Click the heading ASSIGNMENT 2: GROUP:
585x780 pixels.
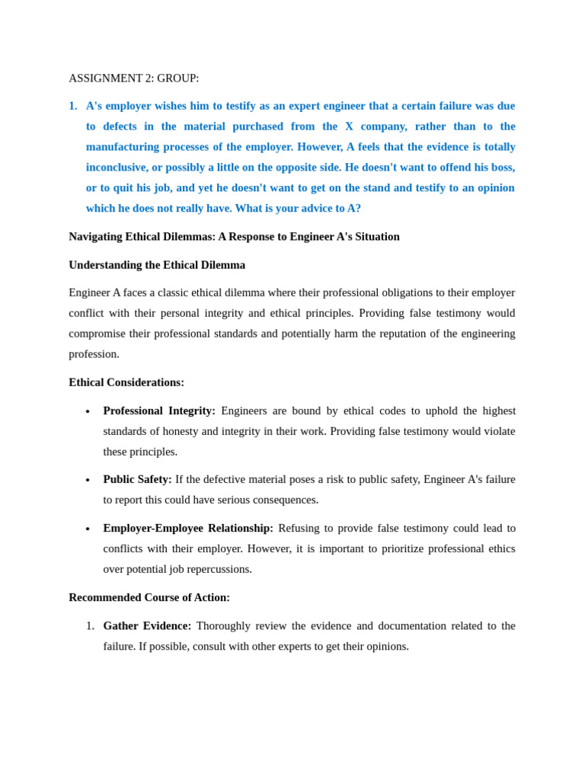tap(133, 78)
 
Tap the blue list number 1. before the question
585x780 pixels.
tap(73, 106)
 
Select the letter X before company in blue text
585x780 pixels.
tap(349, 126)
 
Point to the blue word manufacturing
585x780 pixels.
tap(125, 147)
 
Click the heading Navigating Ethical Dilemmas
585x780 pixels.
tap(234, 237)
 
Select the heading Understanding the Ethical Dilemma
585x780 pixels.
tap(157, 265)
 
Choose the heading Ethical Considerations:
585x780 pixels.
tap(126, 382)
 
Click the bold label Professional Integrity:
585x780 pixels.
tap(159, 411)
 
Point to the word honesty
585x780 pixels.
tap(178, 431)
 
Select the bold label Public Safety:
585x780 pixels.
tap(137, 479)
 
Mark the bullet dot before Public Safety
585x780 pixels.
tap(88, 481)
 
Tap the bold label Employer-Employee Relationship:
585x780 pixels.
tap(188, 528)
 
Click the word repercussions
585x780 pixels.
tap(216, 569)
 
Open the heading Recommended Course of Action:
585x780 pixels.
tap(149, 597)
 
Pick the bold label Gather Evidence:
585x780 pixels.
tap(147, 625)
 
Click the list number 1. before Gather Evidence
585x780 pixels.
tap(90, 625)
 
